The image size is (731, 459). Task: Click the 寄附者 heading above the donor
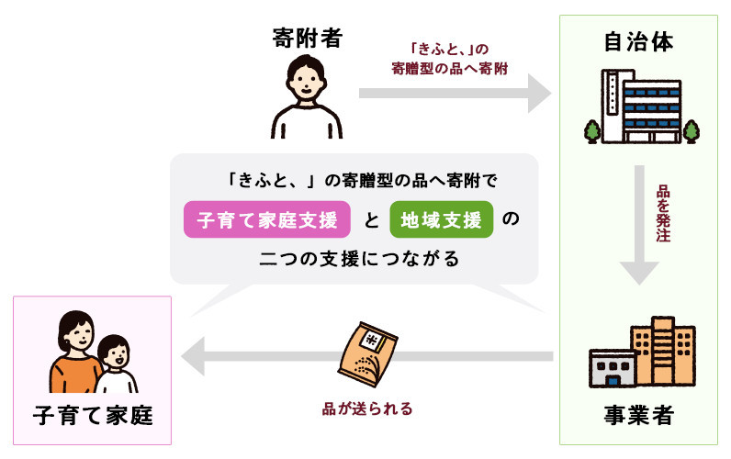point(308,38)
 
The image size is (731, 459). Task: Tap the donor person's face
point(306,82)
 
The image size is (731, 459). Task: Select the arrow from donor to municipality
point(455,94)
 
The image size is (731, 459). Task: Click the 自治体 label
point(638,41)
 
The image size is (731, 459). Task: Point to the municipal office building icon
point(642,106)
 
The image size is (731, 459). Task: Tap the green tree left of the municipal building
point(592,131)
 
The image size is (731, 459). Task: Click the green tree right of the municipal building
point(691,131)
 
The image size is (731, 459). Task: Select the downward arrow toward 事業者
point(639,225)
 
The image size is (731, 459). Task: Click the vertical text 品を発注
point(663,213)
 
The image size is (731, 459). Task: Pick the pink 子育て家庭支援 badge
point(267,219)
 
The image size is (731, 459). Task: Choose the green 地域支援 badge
point(442,219)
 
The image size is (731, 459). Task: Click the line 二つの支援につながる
point(359,259)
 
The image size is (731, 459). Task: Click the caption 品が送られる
point(367,409)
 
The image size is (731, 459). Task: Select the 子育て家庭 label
point(93,415)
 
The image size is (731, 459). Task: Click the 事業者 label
point(638,415)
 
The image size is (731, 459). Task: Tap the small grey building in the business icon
point(613,368)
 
